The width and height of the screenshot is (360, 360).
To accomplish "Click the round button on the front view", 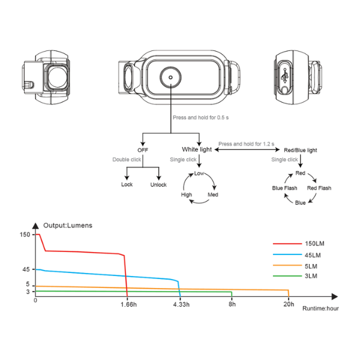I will click(170, 77).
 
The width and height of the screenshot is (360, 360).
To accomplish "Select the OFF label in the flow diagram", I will click(143, 149).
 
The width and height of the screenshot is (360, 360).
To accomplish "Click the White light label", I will click(197, 149).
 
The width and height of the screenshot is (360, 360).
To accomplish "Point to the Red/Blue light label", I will click(300, 149).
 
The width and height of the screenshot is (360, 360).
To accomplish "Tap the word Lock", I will click(127, 185).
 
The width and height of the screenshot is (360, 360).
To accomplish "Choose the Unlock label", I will click(158, 185).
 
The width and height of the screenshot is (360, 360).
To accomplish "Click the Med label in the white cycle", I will click(213, 195).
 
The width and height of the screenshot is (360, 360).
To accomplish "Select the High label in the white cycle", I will click(187, 195).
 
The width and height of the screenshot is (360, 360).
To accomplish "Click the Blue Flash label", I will click(285, 188).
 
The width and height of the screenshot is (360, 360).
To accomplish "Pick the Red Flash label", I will click(319, 188).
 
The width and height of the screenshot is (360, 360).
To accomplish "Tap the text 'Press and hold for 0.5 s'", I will click(197, 118).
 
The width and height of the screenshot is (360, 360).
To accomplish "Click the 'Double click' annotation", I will click(127, 160).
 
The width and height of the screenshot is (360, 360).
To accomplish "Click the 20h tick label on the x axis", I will click(289, 305).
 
